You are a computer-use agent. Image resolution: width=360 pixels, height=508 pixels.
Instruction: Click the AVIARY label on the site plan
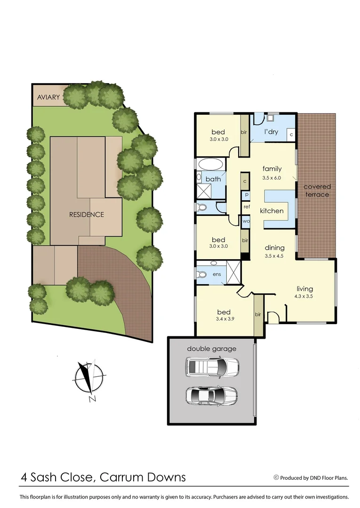(48, 97)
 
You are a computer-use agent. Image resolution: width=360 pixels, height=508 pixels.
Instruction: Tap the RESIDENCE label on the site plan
(87, 214)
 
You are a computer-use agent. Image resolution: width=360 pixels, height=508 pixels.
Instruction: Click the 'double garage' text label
(212, 349)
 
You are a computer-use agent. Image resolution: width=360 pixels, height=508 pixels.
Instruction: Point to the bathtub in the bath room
(210, 165)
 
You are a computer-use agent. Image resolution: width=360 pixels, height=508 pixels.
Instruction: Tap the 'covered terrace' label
(317, 190)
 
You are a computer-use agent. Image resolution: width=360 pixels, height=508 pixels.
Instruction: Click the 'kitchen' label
(272, 211)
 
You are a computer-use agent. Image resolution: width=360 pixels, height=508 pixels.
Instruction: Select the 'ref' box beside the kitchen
(246, 206)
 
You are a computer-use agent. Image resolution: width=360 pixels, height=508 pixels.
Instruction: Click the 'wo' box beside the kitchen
(246, 221)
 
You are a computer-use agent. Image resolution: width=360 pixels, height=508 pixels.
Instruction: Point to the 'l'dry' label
(272, 132)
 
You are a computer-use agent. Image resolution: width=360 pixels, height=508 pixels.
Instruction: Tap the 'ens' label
(217, 274)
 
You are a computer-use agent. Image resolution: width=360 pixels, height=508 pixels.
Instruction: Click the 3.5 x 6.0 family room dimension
(272, 178)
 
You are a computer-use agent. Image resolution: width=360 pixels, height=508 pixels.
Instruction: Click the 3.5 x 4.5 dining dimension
(274, 256)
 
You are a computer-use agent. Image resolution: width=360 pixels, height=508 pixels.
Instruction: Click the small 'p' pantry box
(246, 194)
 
